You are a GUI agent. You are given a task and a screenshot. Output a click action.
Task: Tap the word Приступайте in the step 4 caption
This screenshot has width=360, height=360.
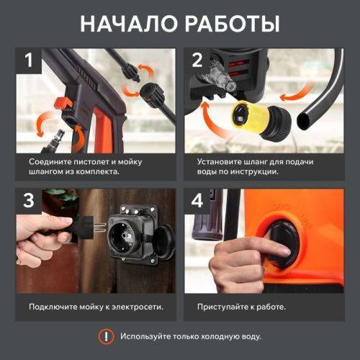click(x=224, y=307)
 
